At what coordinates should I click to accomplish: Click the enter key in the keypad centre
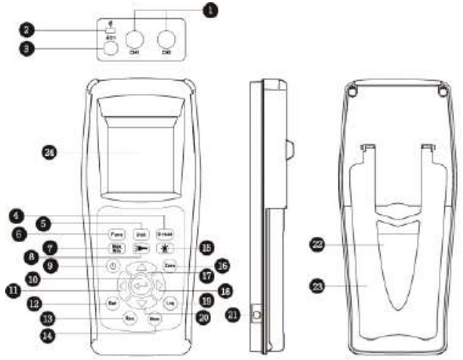[140, 286]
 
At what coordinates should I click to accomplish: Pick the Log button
[169, 303]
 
